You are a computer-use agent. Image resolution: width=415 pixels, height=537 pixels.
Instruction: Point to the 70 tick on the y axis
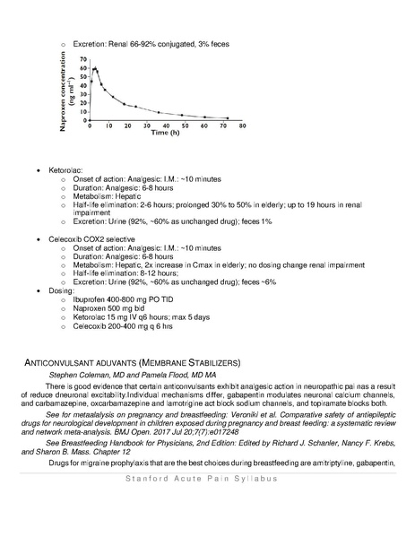point(83,60)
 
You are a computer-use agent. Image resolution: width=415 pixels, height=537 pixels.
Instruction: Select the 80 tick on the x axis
point(246,126)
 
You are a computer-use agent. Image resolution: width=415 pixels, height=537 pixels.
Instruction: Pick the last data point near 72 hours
point(228,118)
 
